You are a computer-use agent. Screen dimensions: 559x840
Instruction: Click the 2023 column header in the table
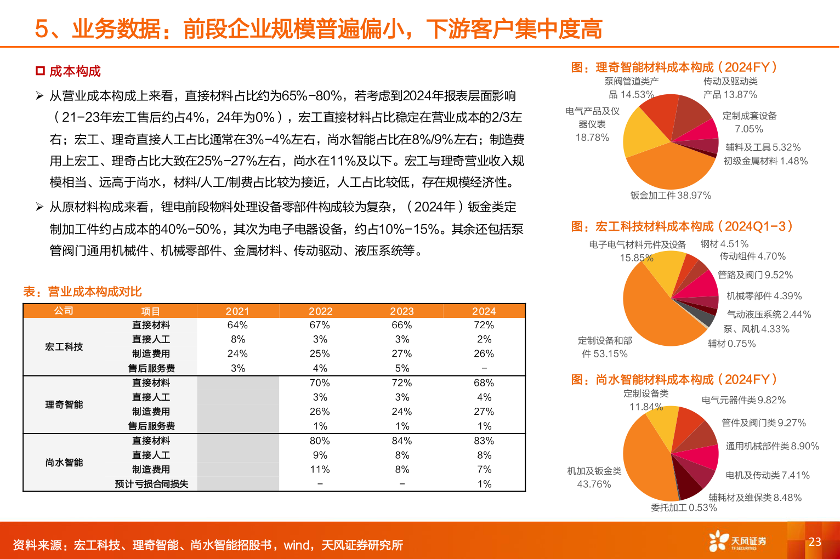[402, 311]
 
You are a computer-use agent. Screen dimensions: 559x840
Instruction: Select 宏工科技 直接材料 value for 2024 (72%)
[484, 325]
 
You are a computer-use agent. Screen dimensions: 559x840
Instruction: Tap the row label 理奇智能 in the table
[64, 404]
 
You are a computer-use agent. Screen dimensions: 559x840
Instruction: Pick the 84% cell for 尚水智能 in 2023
[402, 441]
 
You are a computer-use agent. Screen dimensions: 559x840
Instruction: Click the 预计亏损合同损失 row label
[151, 484]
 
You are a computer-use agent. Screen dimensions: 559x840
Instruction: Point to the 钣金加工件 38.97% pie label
[671, 196]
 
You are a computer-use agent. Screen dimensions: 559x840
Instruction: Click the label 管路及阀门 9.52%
[756, 275]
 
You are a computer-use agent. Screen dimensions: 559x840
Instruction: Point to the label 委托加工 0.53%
[684, 507]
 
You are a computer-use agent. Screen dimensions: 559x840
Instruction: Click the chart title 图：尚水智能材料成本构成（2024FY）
[674, 379]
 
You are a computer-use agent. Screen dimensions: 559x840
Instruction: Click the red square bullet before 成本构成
[40, 71]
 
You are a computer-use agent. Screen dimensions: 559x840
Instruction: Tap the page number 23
[815, 541]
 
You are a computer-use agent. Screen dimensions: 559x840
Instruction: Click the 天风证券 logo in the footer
[737, 541]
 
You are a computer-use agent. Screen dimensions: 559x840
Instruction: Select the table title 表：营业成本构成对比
[82, 292]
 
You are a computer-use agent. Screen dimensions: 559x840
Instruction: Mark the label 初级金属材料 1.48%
[765, 161]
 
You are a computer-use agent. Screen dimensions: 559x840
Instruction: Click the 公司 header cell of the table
[64, 311]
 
